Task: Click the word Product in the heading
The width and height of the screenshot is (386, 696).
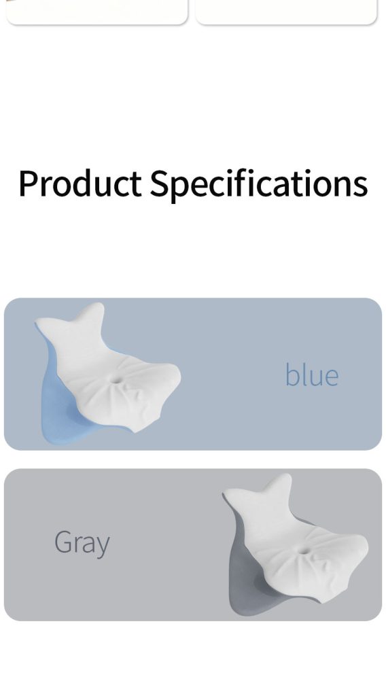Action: [x=80, y=183]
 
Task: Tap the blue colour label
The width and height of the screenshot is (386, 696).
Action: [x=312, y=375]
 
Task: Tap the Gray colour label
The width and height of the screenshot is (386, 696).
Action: [x=82, y=543]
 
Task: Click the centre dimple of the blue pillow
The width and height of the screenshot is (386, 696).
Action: [x=116, y=380]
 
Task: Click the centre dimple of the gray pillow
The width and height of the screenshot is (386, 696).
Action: [x=304, y=551]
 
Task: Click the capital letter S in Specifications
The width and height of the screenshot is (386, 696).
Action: [x=160, y=183]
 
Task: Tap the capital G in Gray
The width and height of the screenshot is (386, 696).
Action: [x=63, y=542]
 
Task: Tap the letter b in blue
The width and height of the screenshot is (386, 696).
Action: [x=291, y=375]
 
